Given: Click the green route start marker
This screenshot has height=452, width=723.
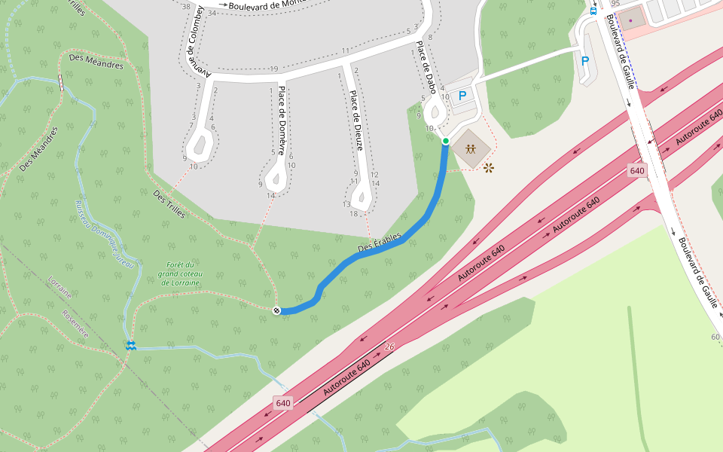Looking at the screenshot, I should [x=445, y=141].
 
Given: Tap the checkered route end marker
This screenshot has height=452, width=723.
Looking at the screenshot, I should [x=276, y=310].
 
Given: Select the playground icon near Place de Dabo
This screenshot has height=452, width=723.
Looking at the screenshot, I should [x=471, y=148].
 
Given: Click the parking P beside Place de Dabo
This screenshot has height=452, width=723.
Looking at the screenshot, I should [x=462, y=96].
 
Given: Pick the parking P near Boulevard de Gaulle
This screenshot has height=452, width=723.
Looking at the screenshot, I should [x=584, y=61].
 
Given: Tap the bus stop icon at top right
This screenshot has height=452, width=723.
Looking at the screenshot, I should [x=593, y=11].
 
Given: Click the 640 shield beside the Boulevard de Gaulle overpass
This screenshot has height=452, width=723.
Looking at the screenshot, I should [x=637, y=171].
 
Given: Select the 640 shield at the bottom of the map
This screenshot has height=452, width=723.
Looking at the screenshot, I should [x=282, y=403].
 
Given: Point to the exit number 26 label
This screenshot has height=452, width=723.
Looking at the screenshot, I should [x=389, y=347].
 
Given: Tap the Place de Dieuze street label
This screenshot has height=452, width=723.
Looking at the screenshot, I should [x=355, y=121].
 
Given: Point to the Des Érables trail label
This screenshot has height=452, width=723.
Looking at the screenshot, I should [x=380, y=244].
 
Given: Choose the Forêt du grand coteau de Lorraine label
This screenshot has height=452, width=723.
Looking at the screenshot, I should [x=181, y=273].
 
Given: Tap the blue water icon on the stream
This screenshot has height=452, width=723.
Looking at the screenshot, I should [x=131, y=345].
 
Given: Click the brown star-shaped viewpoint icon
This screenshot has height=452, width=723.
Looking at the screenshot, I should [x=490, y=167].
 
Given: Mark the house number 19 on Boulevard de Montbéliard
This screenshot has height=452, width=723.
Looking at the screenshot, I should [x=274, y=69].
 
